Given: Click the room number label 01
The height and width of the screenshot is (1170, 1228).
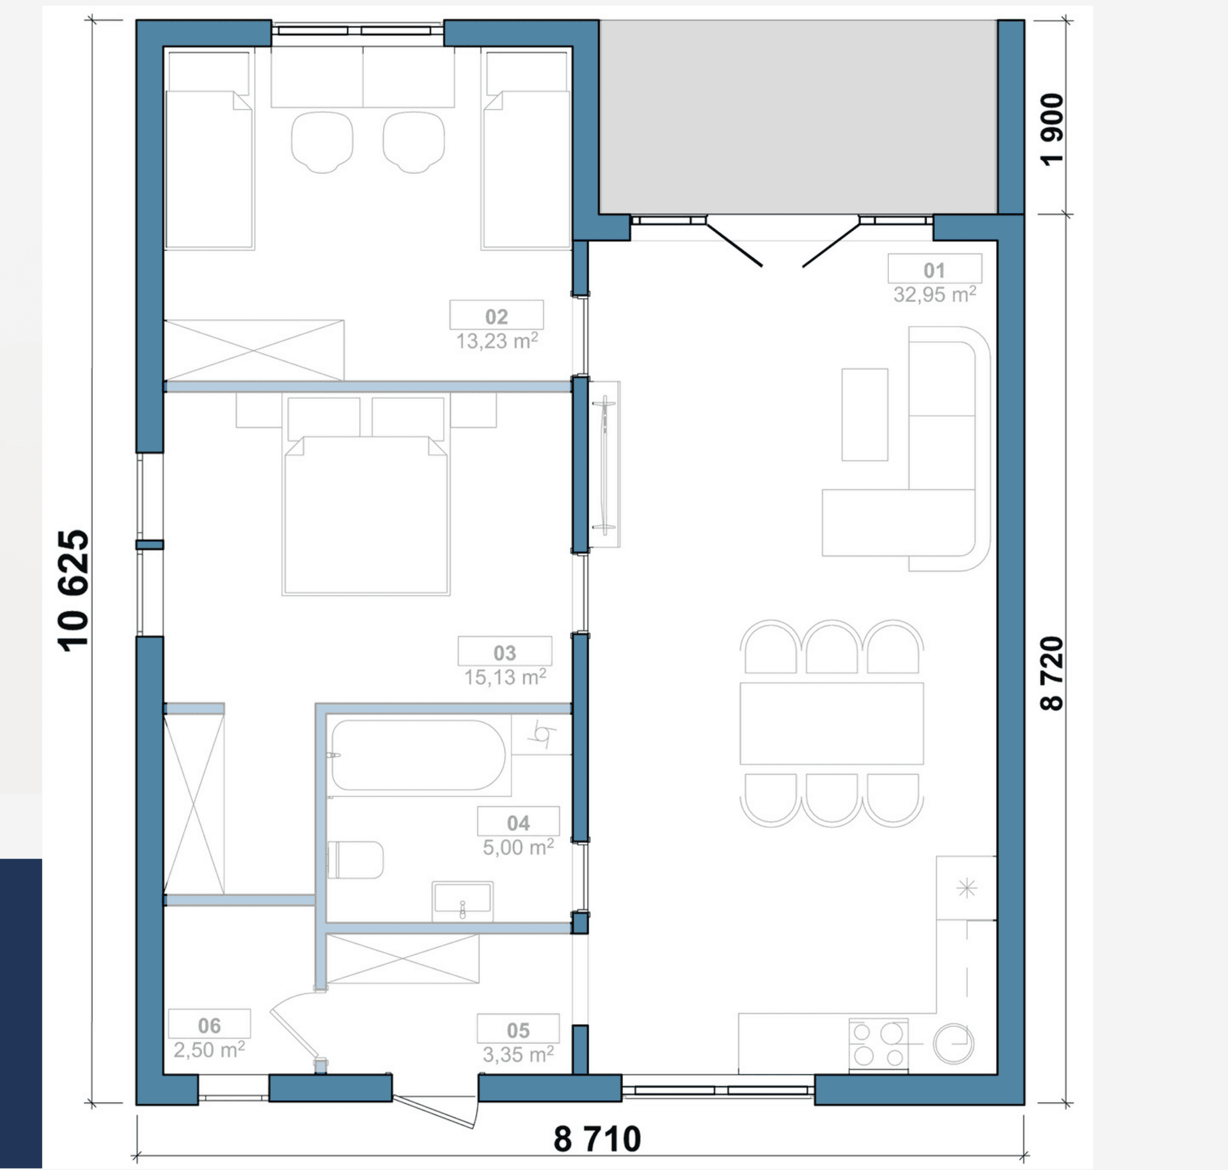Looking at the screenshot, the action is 934,270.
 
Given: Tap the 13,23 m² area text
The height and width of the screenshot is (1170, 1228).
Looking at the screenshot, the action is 497,341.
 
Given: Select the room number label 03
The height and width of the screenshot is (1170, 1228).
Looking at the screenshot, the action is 505,652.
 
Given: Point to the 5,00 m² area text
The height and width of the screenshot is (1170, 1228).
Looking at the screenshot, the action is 518,847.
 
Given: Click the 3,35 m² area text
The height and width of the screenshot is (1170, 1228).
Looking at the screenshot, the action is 518,1054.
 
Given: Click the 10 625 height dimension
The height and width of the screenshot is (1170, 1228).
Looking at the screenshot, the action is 74,591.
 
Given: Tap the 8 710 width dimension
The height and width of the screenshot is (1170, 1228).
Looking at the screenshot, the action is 597,1139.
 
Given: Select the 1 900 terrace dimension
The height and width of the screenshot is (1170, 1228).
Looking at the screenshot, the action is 1052,130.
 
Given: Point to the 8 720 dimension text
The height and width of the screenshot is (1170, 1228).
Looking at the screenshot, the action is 1052,674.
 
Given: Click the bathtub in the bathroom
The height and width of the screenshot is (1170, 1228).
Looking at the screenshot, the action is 418,755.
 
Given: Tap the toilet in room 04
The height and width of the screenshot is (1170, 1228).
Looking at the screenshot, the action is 356,860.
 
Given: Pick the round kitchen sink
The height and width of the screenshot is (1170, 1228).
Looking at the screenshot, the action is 953,1044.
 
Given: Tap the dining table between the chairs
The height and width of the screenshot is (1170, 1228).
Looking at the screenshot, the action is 831,723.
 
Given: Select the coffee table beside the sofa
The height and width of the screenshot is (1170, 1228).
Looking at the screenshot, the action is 865,415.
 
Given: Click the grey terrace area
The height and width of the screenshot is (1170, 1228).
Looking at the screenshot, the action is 798,116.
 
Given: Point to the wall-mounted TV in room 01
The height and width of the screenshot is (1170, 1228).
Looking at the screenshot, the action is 604,464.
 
